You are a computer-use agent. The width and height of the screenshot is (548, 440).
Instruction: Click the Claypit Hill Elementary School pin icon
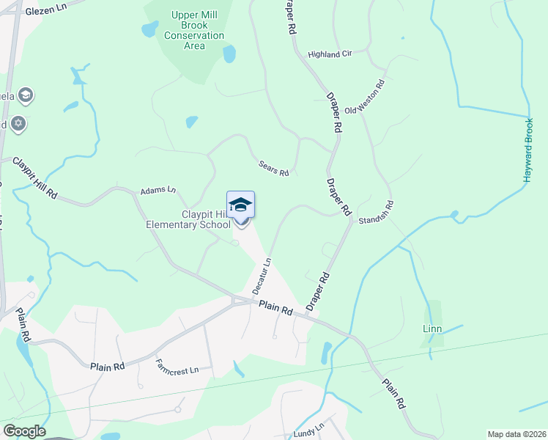point(240,205)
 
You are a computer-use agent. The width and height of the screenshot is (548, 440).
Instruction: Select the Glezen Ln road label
point(45,12)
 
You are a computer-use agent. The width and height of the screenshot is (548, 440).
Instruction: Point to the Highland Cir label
point(330,54)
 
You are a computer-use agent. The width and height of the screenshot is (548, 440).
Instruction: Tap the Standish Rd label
point(376,212)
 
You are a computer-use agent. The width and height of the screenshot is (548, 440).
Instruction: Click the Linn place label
point(432,329)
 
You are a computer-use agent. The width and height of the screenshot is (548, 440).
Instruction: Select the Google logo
point(24,431)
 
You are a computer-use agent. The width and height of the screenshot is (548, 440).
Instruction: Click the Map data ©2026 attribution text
point(516,434)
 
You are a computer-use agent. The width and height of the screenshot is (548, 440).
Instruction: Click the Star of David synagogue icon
point(18,122)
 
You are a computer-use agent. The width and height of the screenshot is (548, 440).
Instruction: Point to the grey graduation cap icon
point(26,95)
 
